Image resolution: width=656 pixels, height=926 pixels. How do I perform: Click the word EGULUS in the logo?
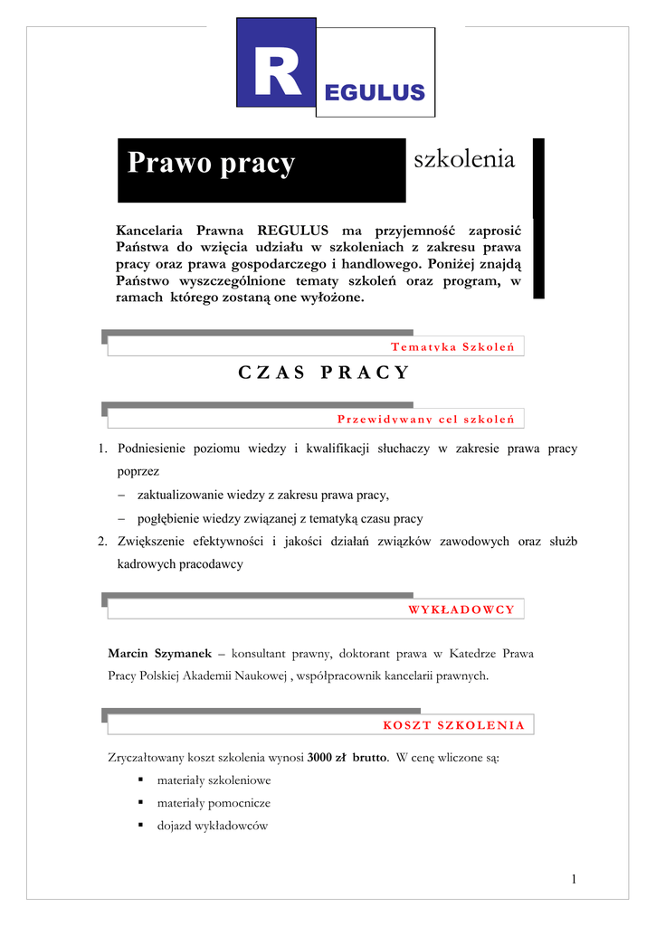tap(375, 92)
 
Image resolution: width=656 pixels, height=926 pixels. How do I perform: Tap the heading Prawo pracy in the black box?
tap(211, 163)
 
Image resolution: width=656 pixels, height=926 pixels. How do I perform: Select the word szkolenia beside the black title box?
tap(464, 160)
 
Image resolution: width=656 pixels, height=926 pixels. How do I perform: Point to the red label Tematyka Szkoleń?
tap(452, 347)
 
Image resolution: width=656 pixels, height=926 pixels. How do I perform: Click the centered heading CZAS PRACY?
tap(323, 373)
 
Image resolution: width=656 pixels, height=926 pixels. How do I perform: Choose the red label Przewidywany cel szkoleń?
tap(425, 419)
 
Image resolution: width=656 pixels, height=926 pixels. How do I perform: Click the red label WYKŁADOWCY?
tap(461, 609)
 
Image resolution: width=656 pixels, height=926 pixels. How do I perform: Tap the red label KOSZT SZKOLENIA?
tap(454, 725)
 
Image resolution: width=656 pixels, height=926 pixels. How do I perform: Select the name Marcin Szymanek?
tap(160, 653)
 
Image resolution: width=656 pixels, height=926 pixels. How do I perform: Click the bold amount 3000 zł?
tap(328, 757)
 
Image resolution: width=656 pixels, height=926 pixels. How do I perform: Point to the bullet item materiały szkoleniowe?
tap(214, 780)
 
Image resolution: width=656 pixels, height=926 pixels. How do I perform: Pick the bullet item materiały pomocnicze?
tap(214, 802)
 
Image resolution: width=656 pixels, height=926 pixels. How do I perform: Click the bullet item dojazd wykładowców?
tap(213, 825)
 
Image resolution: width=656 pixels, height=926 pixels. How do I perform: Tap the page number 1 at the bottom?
tap(575, 879)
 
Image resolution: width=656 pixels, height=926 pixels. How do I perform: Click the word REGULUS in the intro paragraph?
tap(291, 230)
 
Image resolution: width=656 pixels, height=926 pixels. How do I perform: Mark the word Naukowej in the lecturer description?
tap(261, 675)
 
